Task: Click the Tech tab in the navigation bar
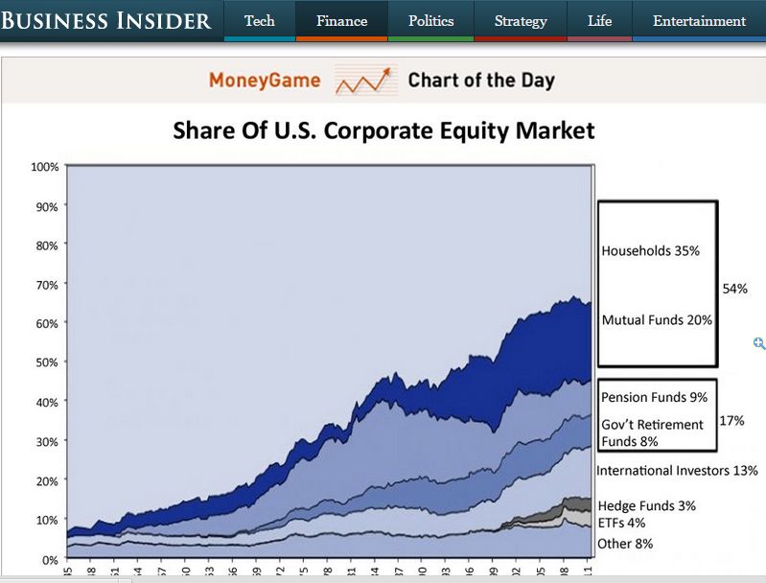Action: [x=259, y=20]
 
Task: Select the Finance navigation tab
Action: [x=341, y=20]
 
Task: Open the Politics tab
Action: [x=430, y=20]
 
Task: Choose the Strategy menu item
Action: [x=521, y=20]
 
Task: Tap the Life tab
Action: [x=599, y=20]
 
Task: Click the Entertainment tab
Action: [x=699, y=20]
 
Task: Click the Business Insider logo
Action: [x=105, y=20]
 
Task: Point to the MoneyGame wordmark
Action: [x=265, y=80]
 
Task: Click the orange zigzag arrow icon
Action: [x=365, y=81]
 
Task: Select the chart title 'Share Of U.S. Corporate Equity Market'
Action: [x=383, y=130]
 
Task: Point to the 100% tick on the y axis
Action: [x=45, y=167]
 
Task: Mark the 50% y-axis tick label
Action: [x=47, y=362]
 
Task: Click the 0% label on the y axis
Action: [x=49, y=558]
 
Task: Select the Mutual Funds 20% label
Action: [x=657, y=320]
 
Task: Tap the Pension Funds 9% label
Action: [x=654, y=397]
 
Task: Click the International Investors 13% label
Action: [x=677, y=471]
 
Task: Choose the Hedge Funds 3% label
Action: [x=647, y=505]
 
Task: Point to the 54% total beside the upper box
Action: [x=734, y=289]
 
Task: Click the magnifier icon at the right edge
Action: [x=759, y=343]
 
